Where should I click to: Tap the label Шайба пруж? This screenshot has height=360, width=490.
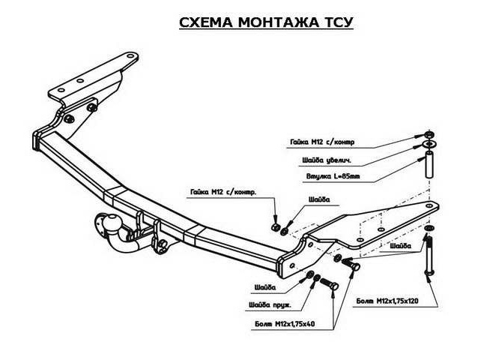[271, 305]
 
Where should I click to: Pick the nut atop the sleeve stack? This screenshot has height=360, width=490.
[428, 134]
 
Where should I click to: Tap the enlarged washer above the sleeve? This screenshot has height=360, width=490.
[428, 144]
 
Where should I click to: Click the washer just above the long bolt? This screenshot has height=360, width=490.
[428, 228]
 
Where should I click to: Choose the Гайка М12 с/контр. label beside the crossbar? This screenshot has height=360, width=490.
[223, 193]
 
